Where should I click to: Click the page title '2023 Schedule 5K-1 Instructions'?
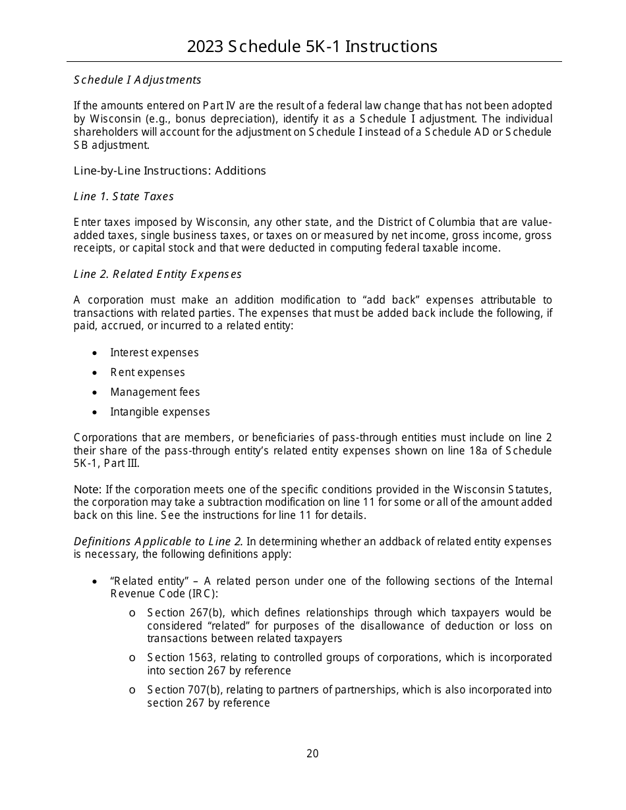312,46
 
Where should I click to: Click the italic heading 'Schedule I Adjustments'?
137,80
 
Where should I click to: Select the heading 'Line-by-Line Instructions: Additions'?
170,171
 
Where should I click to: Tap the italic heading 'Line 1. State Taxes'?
124,196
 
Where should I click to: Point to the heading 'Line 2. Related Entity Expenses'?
157,274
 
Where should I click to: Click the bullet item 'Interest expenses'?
154,353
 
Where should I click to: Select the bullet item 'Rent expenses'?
148,373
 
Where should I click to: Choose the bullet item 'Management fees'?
155,392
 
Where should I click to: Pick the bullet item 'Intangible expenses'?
160,412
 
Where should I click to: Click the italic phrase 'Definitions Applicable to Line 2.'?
158,541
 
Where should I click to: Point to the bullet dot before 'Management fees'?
96,392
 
